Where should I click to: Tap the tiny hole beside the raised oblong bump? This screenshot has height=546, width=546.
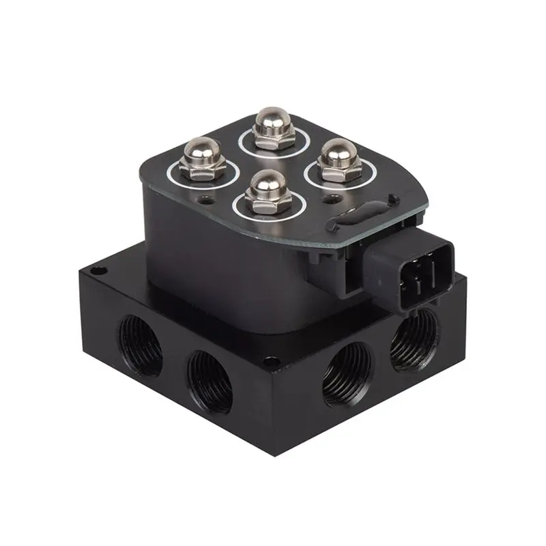[x=390, y=198]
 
